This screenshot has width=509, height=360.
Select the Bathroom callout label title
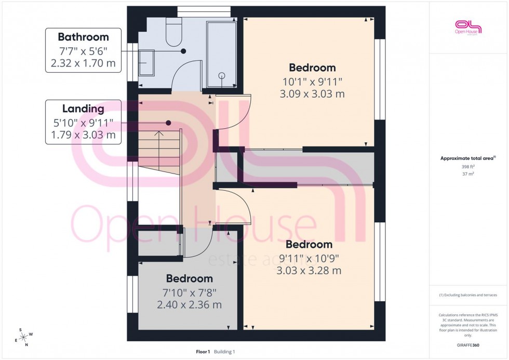pos(83,37)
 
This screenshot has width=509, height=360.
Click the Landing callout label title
pos(83,109)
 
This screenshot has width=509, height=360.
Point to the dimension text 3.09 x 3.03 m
pos(312,95)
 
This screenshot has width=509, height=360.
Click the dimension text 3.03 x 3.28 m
pos(309,271)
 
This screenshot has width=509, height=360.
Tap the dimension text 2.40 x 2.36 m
pos(190,305)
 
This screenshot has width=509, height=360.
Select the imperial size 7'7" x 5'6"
pos(83,51)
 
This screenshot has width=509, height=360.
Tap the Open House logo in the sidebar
pos(468,27)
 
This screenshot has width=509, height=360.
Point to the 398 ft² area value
pos(468,166)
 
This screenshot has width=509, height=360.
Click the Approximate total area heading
pos(467,158)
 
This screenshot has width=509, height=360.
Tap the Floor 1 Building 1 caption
pos(215,352)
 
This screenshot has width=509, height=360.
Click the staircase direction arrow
pos(159,134)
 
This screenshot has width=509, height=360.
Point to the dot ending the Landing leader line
pos(169,123)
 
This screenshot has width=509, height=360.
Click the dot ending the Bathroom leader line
pos(183,51)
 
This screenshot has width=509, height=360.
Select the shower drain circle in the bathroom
pos(222,75)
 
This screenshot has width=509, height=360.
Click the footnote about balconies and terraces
pos(468,295)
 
